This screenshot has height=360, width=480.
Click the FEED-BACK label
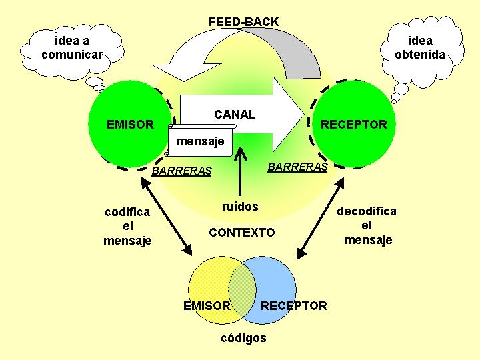tap(244, 22)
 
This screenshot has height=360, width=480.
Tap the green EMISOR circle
tap(130, 124)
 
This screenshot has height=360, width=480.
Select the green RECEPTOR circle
tap(353, 124)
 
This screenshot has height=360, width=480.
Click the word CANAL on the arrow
tap(235, 115)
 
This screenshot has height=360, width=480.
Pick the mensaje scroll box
tap(201, 141)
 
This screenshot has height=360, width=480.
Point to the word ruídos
tap(240, 206)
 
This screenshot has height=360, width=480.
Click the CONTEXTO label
tap(242, 233)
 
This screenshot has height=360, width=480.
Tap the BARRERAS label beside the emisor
tap(182, 171)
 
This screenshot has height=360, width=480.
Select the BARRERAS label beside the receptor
tap(297, 167)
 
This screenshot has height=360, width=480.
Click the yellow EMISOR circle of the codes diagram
tap(208, 290)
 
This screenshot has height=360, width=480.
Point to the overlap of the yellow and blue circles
tap(242, 290)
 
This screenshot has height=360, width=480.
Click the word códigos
tap(244, 338)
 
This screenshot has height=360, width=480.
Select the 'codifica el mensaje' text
tap(127, 226)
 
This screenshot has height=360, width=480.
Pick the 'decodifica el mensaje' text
tap(367, 225)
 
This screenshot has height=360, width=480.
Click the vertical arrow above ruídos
tap(240, 172)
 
